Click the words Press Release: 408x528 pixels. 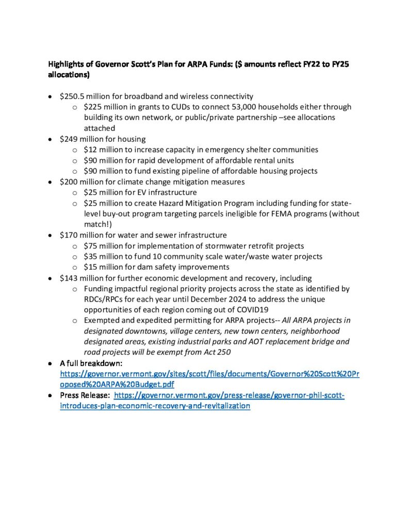tap(85, 395)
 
